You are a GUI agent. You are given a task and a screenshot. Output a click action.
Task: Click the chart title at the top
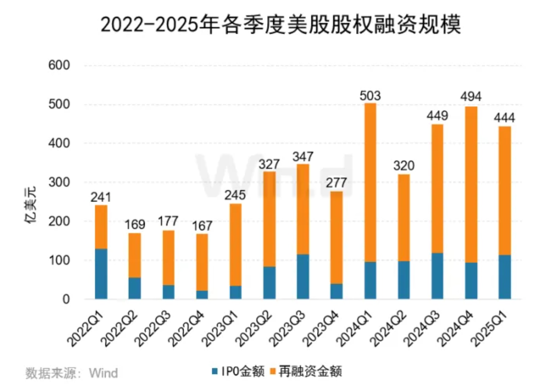click(x=281, y=25)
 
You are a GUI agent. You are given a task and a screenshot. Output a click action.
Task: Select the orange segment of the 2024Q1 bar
click(x=370, y=182)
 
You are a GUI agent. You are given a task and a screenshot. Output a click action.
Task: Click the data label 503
click(x=370, y=96)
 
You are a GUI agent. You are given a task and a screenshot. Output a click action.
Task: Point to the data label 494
click(x=471, y=96)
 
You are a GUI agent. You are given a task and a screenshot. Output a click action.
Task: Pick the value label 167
click(x=202, y=226)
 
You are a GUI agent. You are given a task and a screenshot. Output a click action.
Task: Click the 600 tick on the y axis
click(x=59, y=65)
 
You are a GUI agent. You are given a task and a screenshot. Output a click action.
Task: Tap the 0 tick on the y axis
click(x=66, y=299)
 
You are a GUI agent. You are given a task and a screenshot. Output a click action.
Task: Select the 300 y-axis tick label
click(x=59, y=182)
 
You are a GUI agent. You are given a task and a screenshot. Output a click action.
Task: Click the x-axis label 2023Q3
click(x=287, y=328)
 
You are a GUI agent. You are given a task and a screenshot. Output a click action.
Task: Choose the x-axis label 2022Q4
click(x=187, y=328)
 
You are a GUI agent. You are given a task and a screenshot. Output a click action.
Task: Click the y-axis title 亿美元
click(x=31, y=205)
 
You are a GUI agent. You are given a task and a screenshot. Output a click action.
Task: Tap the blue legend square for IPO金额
click(x=215, y=372)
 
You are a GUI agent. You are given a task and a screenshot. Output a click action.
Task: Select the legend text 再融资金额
click(x=310, y=372)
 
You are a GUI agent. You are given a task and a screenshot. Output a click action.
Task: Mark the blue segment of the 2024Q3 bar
click(x=437, y=276)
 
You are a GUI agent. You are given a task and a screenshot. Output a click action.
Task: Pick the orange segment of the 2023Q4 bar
click(x=336, y=238)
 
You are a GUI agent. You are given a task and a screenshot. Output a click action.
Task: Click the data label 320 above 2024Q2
click(x=404, y=166)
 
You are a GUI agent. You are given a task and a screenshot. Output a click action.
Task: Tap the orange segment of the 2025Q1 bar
click(x=505, y=191)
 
